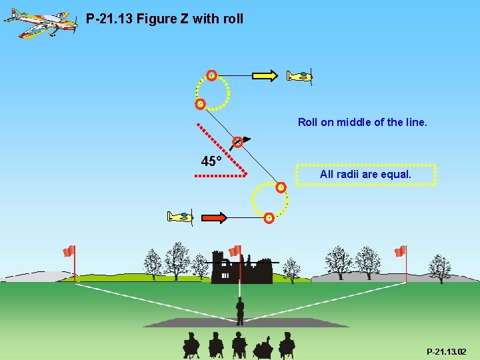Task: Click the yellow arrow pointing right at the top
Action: [x=264, y=76]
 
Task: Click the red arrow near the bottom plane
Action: [x=214, y=217]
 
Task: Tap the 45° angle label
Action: [x=211, y=161]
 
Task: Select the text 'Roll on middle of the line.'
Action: [x=362, y=122]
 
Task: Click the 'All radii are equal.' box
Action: [x=365, y=174]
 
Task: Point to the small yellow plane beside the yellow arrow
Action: [x=299, y=76]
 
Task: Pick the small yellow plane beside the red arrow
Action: [x=180, y=217]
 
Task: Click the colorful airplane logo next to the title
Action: [x=40, y=22]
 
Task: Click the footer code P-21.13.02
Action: [x=447, y=351]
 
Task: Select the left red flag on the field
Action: [x=69, y=251]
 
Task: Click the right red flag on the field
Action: [x=400, y=251]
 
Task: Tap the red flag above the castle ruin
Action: [x=235, y=251]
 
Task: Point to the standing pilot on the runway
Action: [x=240, y=310]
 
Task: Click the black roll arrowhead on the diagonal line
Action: [x=246, y=139]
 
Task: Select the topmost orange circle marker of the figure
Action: [x=211, y=75]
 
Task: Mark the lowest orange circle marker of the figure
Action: [x=268, y=217]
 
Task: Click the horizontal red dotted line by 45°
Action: [x=221, y=176]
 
